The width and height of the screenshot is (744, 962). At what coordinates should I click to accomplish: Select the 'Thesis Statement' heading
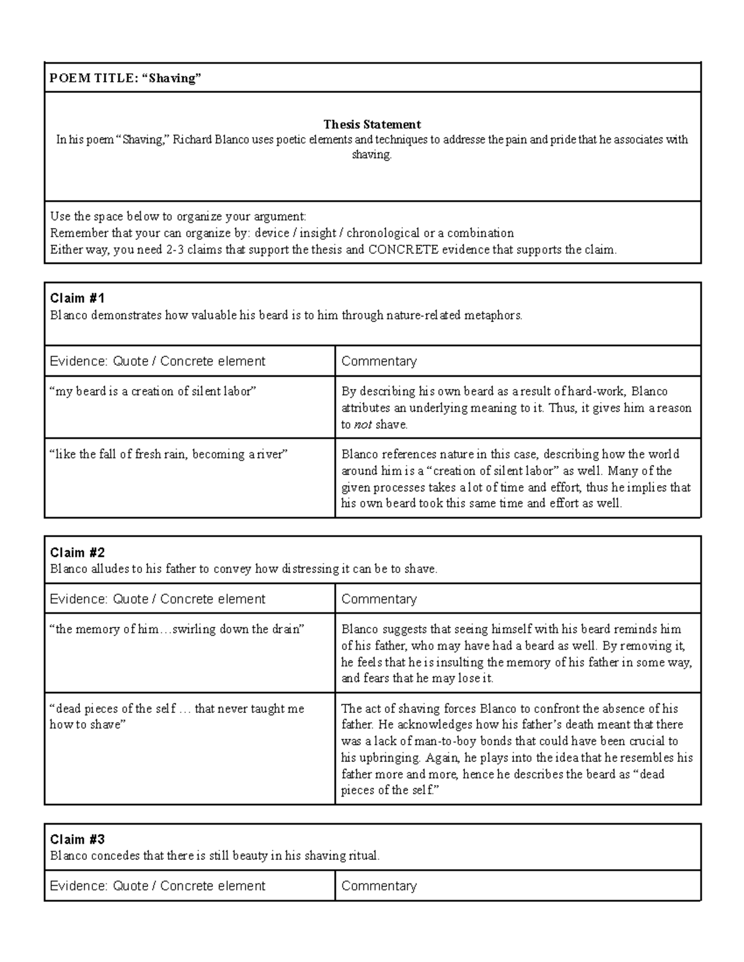372,124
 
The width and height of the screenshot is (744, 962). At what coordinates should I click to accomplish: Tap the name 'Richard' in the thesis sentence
192,139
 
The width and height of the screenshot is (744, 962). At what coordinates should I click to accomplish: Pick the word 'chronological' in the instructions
383,233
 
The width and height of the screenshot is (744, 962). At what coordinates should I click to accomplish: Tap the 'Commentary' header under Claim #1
379,361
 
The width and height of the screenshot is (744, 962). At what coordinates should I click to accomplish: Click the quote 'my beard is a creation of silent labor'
153,391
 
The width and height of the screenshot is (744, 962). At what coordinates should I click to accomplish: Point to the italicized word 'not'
363,425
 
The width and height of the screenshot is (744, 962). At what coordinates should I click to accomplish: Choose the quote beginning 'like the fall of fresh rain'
169,454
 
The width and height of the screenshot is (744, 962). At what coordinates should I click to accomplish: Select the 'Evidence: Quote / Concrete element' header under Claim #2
157,599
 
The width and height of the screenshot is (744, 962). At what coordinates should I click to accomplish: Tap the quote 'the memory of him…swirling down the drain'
177,629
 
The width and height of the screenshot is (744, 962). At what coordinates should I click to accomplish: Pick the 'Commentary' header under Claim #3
379,886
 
